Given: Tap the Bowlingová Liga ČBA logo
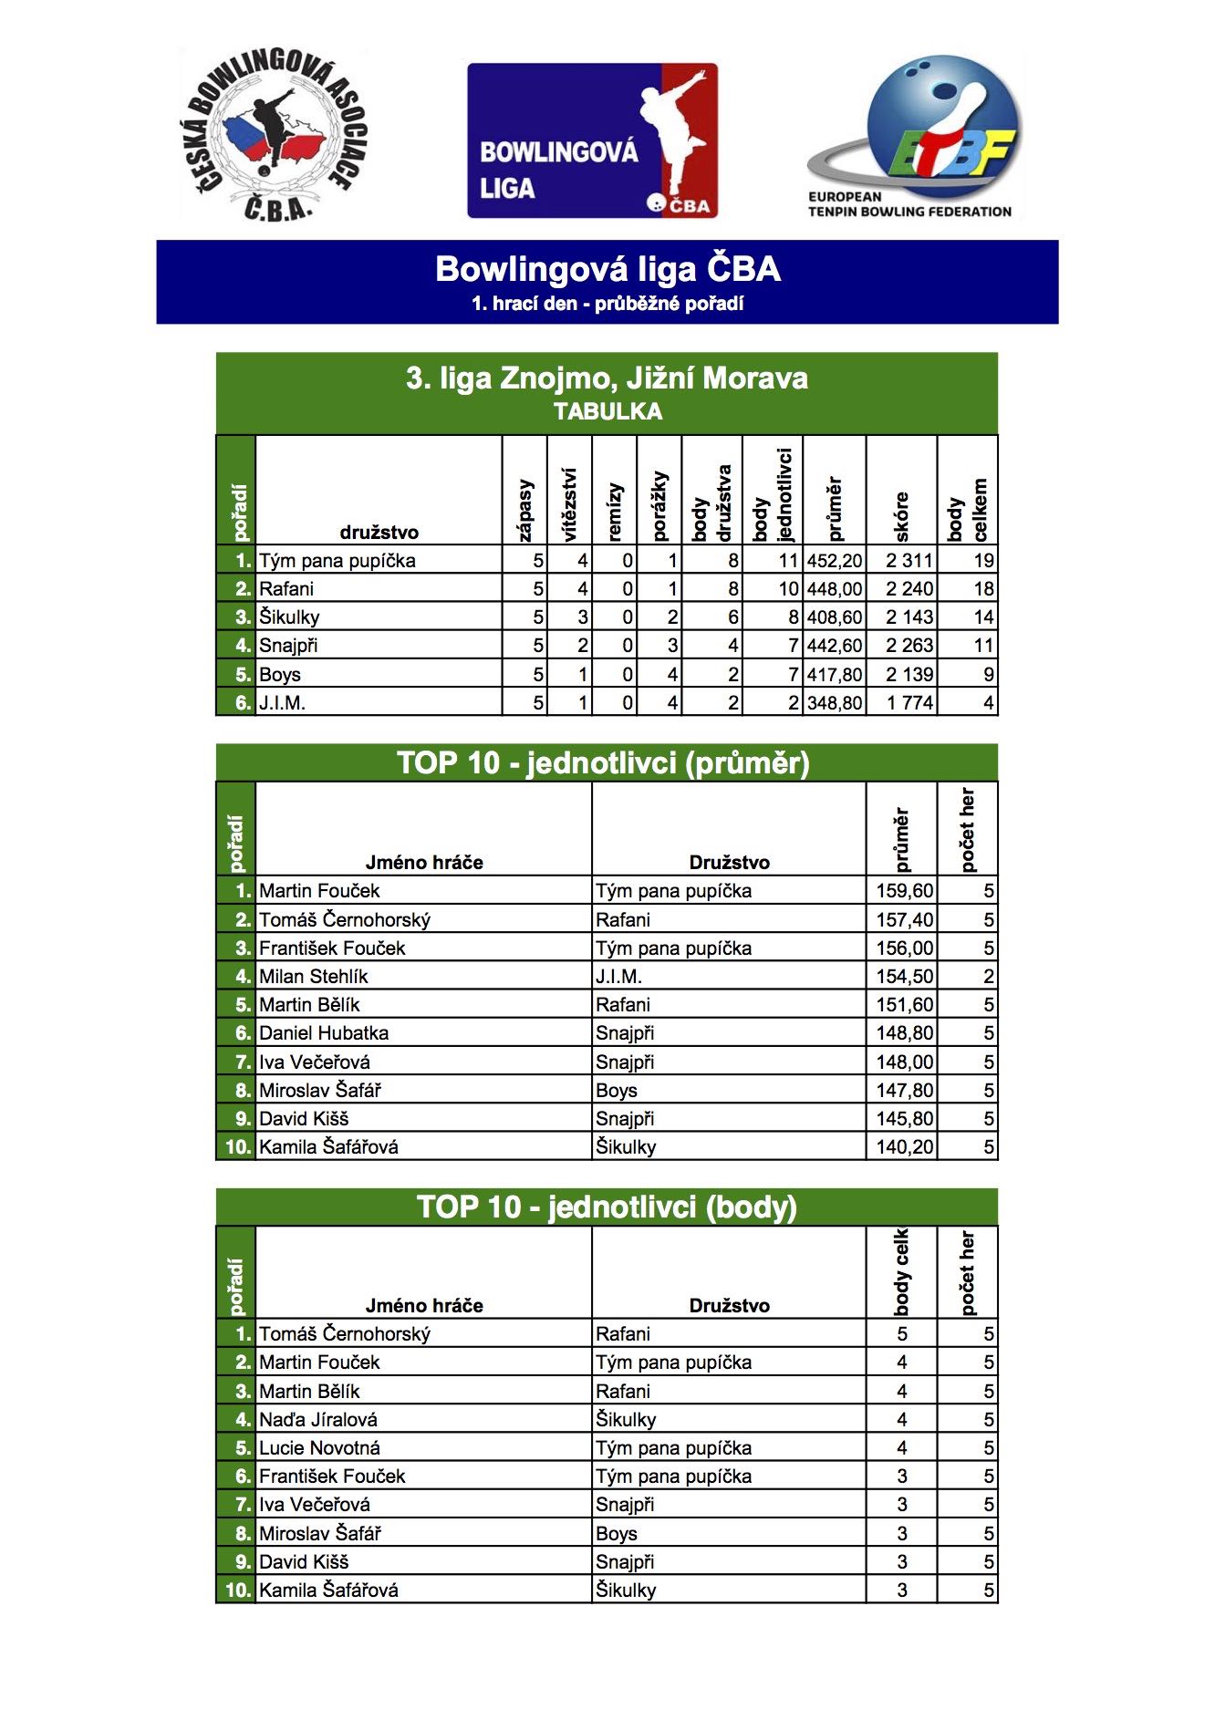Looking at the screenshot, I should click(593, 140).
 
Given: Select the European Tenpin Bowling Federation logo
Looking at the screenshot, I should click(912, 137).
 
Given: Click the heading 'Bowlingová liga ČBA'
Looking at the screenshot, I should click(607, 269).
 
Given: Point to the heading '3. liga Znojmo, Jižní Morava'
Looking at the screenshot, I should click(607, 378).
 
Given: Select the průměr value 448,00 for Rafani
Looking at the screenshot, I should click(834, 589).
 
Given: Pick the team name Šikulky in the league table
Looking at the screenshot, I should click(289, 617).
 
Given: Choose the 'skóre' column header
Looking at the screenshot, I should click(901, 516).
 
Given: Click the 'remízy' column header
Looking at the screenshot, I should click(615, 511).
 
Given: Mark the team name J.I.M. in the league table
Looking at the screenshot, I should click(282, 703).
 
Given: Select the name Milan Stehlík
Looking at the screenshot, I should click(314, 977).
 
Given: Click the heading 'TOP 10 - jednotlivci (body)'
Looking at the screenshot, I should click(607, 1207).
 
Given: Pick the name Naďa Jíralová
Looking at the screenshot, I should click(318, 1420).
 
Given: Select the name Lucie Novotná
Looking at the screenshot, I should click(319, 1448).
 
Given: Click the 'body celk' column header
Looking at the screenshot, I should click(901, 1272).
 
